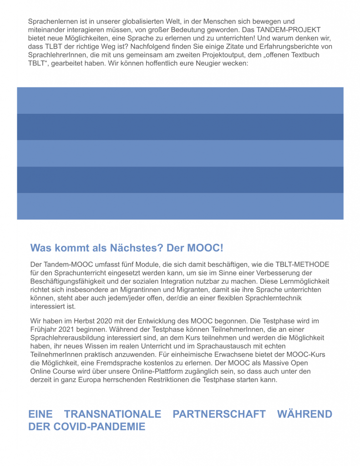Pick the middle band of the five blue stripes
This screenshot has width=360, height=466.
click(180, 153)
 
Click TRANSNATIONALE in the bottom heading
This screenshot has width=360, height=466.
click(112, 414)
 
